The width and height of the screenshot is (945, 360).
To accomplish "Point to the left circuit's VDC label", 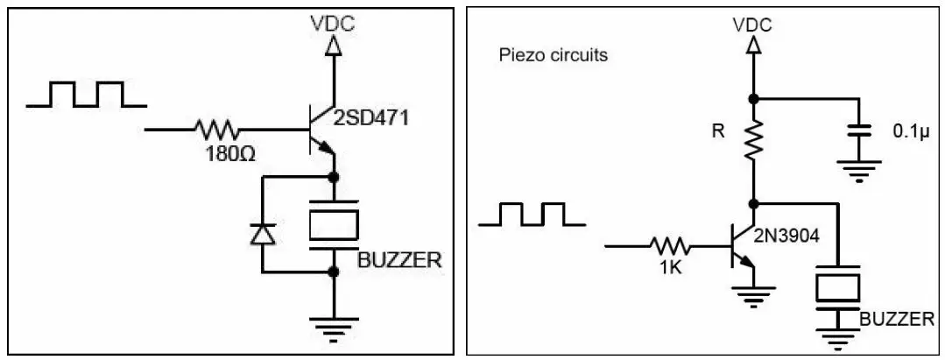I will click(333, 24).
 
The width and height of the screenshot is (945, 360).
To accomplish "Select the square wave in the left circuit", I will click(87, 94).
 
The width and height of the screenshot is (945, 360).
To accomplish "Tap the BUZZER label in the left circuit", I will click(399, 259).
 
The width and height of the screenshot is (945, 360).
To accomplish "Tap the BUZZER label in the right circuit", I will click(897, 319).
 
